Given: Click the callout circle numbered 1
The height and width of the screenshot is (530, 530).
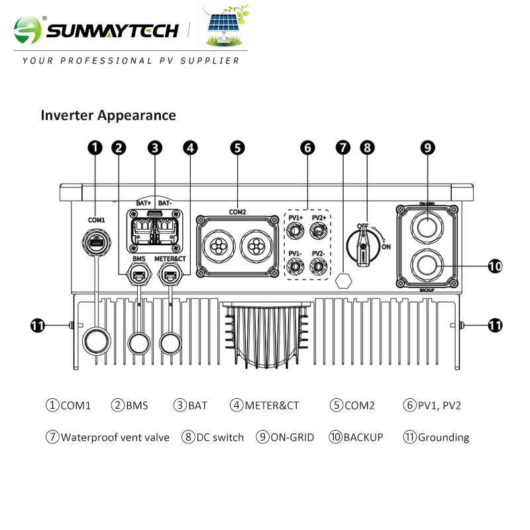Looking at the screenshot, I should coord(96,148).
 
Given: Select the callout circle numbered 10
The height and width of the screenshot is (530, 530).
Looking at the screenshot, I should coord(495,266).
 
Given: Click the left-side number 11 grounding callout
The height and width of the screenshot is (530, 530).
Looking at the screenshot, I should coord(39,325).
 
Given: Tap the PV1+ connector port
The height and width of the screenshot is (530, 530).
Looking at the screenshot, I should coord(295,230).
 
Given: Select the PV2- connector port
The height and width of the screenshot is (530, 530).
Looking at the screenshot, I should coord(319,266).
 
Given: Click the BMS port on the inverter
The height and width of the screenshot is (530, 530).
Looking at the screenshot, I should coord(138,274).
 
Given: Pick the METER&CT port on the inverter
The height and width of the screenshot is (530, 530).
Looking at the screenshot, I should coord(170,274).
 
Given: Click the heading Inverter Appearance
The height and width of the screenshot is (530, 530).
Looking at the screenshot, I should coord(109,115).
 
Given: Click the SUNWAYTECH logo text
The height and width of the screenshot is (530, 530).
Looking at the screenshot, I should coord(113,30).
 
